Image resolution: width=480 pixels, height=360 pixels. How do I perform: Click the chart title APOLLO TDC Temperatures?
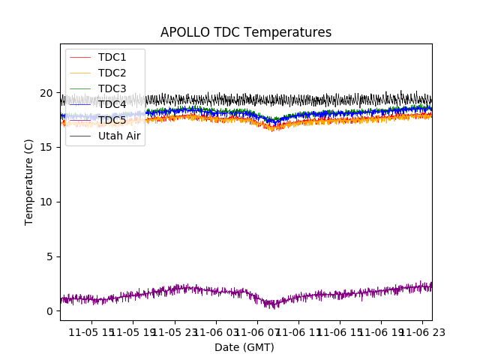pyautogui.click(x=246, y=33)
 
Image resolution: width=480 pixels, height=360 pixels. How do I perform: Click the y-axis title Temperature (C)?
pyautogui.click(x=29, y=181)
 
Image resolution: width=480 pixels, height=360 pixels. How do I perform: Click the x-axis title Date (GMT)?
pyautogui.click(x=244, y=347)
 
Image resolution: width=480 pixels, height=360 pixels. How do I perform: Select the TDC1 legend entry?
pyautogui.click(x=112, y=57)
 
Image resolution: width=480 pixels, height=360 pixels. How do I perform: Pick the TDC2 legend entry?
pyautogui.click(x=112, y=73)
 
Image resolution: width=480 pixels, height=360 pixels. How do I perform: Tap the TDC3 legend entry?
pyautogui.click(x=112, y=88)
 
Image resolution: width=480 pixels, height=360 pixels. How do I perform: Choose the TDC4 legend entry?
pyautogui.click(x=112, y=104)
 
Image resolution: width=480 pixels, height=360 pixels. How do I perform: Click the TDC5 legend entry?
pyautogui.click(x=112, y=120)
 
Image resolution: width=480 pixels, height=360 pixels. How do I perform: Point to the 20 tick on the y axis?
pyautogui.click(x=46, y=93)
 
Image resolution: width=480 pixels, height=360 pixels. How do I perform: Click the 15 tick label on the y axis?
pyautogui.click(x=46, y=148)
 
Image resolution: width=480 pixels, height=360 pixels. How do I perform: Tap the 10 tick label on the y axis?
pyautogui.click(x=46, y=202)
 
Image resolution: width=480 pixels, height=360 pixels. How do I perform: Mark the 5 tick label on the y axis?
pyautogui.click(x=49, y=256)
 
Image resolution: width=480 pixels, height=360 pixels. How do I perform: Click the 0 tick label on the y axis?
pyautogui.click(x=49, y=311)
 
